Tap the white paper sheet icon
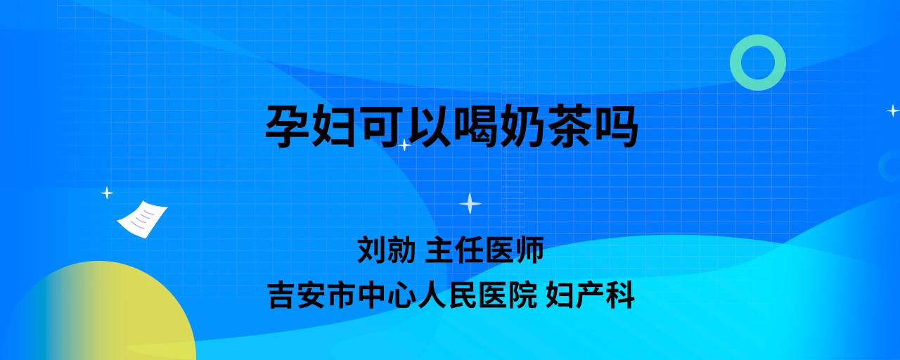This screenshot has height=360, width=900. point(142,219)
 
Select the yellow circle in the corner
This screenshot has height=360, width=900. point(101,314)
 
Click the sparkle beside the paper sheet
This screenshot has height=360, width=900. point(107,193)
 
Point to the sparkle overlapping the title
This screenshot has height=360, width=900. point(404,145)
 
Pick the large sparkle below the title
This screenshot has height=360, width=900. point(470,203)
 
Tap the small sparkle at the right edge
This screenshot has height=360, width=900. point(893,110)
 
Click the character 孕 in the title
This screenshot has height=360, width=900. point(287,126)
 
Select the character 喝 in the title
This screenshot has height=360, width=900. point(475,126)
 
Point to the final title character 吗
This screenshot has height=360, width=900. point(616,126)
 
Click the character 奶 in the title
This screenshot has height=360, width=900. point(522,126)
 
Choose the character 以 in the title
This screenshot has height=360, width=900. point(428,126)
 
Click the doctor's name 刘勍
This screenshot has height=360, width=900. point(386,250)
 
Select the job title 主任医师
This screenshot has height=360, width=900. point(484,250)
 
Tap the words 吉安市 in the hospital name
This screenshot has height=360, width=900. point(312,295)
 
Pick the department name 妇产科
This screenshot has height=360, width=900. point(590,295)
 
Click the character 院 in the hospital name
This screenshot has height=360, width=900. point(523,295)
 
